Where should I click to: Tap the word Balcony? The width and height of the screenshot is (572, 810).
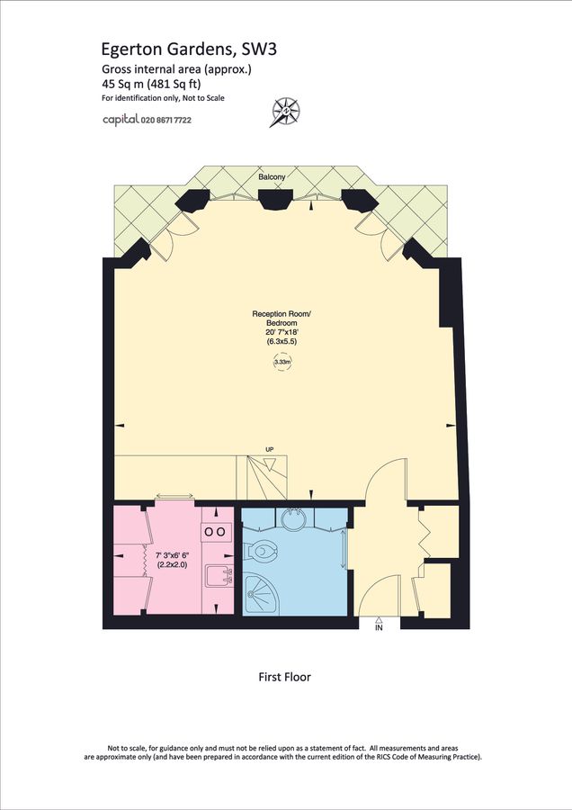coord(272,177)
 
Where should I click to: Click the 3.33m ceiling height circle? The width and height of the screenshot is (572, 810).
coord(282,362)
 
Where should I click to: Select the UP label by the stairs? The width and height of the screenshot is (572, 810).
coord(268,449)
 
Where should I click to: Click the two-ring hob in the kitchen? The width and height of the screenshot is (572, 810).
coord(217,532)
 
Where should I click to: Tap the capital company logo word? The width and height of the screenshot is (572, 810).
coord(120,119)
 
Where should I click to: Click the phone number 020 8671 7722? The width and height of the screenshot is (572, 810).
coord(166,119)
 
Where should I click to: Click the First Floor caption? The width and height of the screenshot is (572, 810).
coord(284,677)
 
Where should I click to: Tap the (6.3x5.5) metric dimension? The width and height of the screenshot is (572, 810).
coord(282,343)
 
